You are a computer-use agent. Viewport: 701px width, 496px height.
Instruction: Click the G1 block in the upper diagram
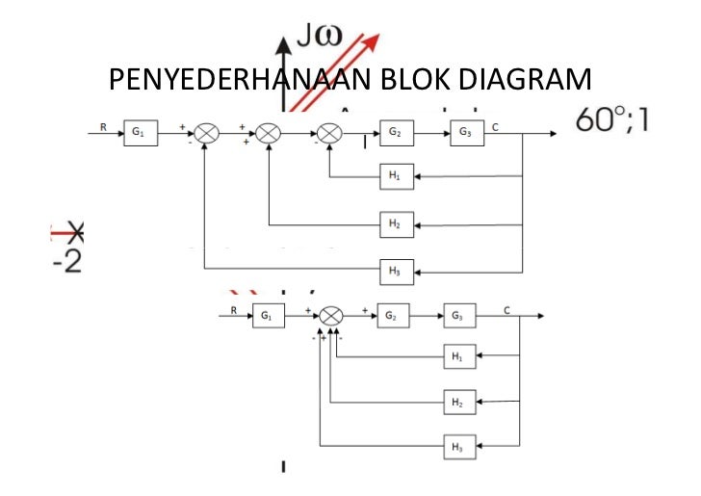(x=140, y=134)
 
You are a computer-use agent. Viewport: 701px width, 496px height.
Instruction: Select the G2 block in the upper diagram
(x=397, y=134)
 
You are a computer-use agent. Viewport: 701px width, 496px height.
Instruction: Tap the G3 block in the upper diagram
(x=466, y=134)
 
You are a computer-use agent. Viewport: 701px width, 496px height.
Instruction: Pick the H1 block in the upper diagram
(x=397, y=177)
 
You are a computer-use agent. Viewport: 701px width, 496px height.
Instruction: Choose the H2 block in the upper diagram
(x=397, y=224)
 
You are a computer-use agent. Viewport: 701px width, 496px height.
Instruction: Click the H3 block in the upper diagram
(x=397, y=273)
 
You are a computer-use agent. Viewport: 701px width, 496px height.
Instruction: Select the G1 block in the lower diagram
(x=268, y=316)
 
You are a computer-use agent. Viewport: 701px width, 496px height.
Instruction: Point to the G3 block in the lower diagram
(x=460, y=316)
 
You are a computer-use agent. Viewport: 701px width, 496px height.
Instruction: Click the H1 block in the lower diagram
(x=459, y=357)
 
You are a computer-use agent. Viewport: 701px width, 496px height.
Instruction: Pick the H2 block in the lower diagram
(x=459, y=402)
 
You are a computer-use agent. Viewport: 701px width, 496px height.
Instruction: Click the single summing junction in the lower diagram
(x=331, y=316)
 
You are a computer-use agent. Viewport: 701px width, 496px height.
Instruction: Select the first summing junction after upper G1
(x=207, y=134)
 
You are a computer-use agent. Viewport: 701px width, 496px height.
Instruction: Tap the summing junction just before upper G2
(x=330, y=134)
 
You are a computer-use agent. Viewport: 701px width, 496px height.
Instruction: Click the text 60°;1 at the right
(x=611, y=119)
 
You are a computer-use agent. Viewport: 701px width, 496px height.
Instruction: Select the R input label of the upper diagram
(x=103, y=126)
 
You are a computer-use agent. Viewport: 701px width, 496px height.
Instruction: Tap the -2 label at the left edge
(x=66, y=262)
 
